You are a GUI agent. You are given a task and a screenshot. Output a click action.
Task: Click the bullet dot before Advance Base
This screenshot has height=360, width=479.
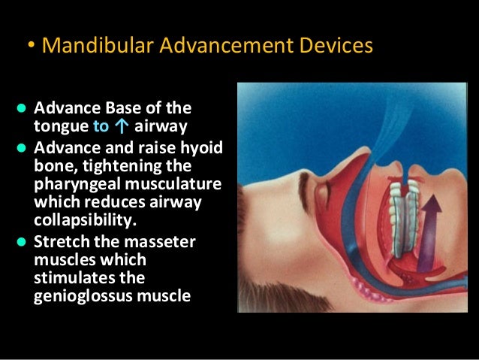(22, 107)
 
